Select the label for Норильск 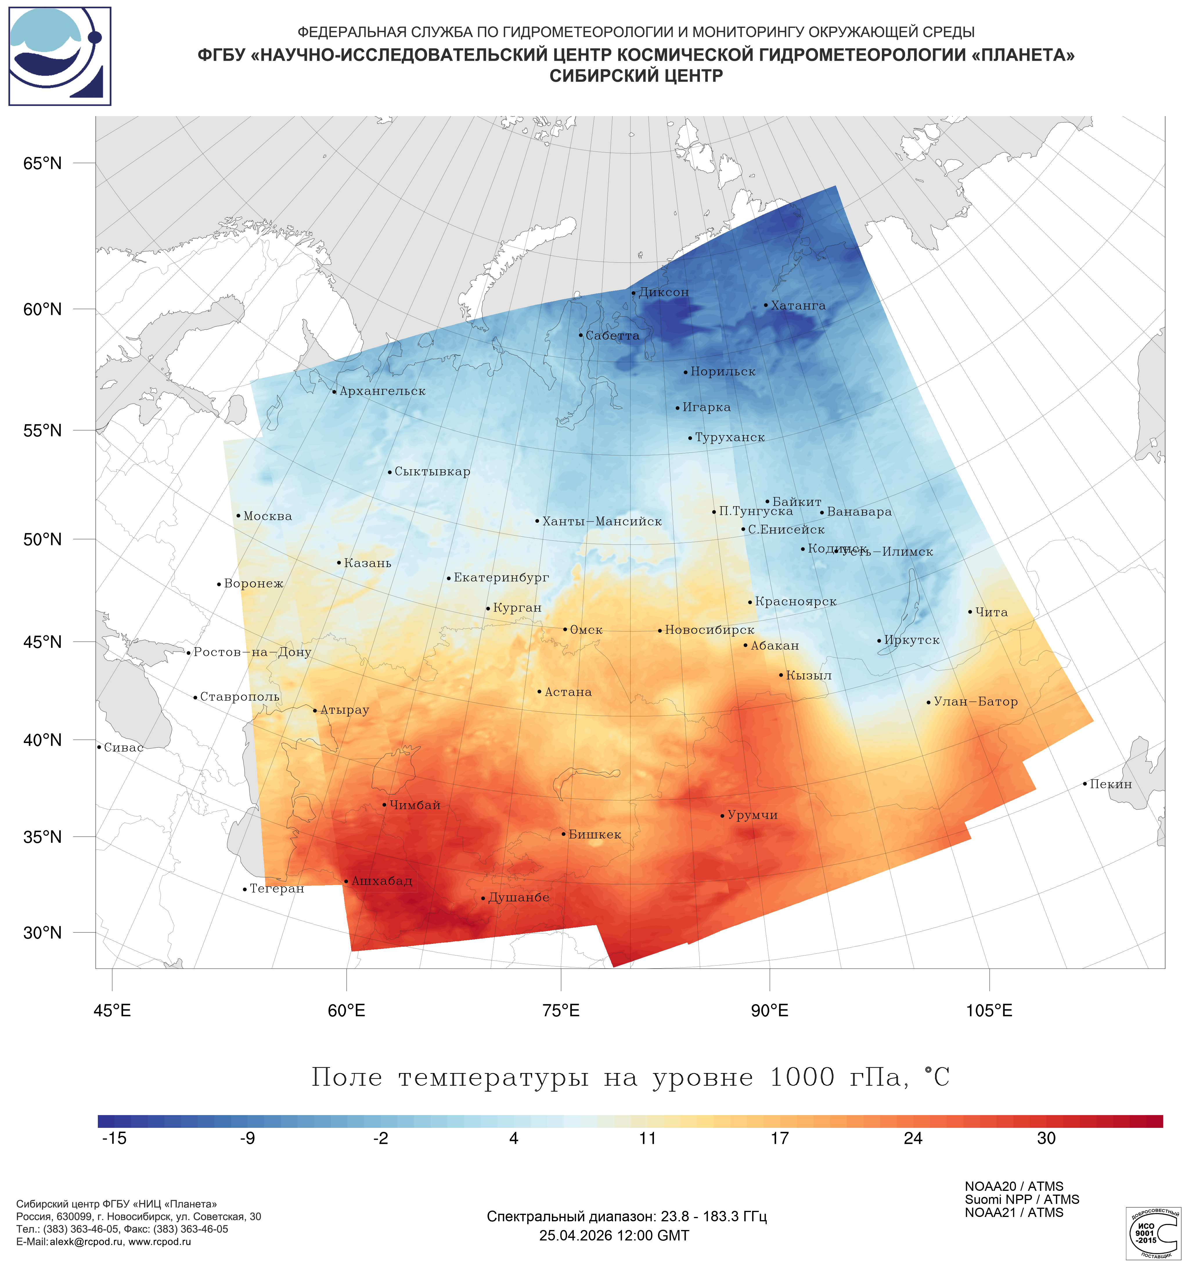point(723,372)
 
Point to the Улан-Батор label point(976,702)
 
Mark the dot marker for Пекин point(1085,784)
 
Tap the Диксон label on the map point(664,292)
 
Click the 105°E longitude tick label point(989,1011)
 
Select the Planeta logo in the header point(60,56)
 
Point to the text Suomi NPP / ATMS point(1022,1200)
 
